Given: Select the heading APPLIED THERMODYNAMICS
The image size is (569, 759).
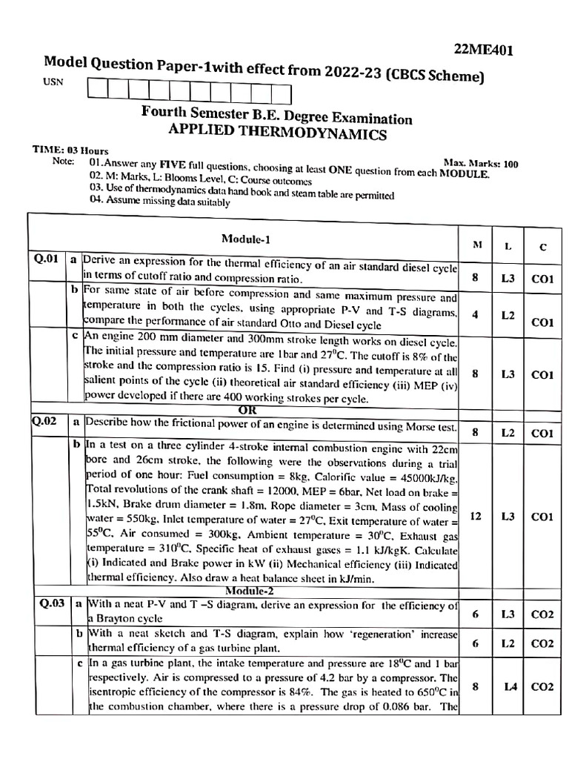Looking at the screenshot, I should pyautogui.click(x=278, y=133).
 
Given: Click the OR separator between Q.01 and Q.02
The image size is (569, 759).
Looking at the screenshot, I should pyautogui.click(x=247, y=409).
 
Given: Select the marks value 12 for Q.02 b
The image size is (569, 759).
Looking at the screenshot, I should pyautogui.click(x=476, y=516).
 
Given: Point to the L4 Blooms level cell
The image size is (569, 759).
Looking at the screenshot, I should pyautogui.click(x=510, y=686).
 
